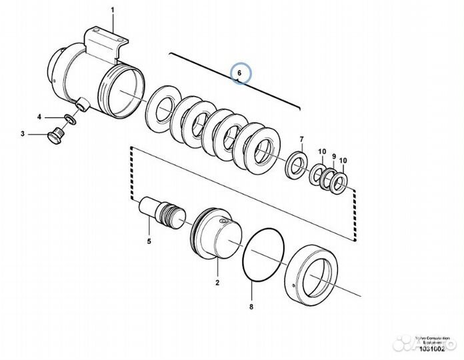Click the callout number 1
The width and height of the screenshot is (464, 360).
113,9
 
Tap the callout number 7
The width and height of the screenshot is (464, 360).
301,139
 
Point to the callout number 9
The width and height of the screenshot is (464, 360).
333,155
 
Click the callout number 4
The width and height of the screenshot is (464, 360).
39,117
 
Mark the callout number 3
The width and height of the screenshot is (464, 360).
23,134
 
